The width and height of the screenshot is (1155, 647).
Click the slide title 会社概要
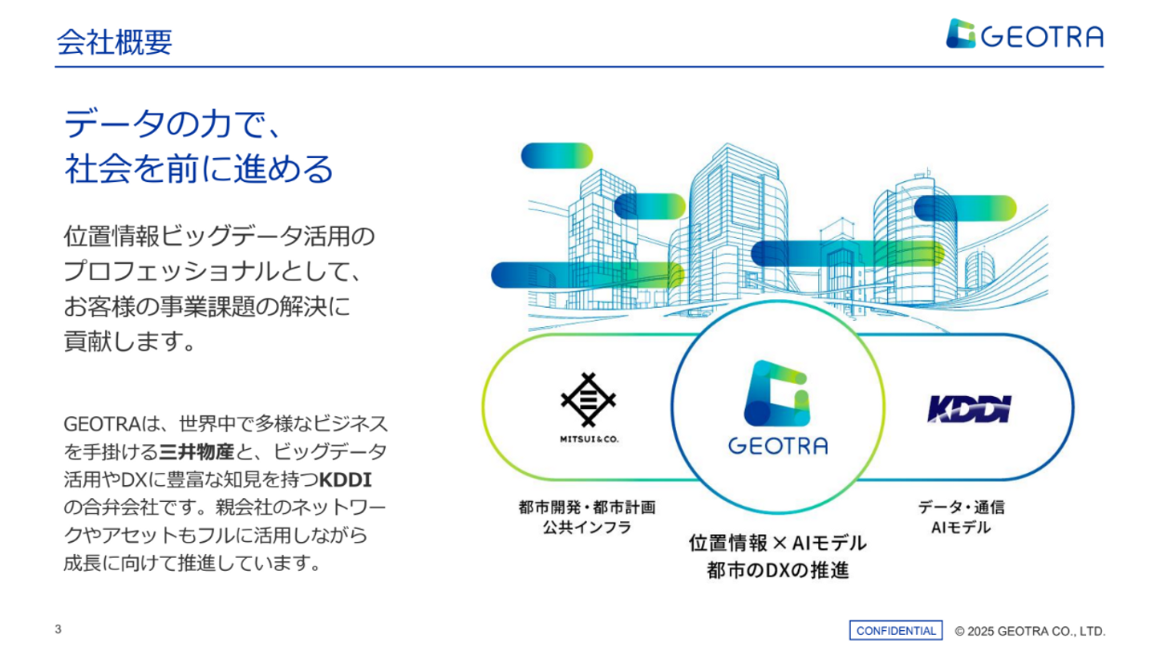[x=114, y=42]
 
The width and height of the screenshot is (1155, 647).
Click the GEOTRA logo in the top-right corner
[x=1024, y=34]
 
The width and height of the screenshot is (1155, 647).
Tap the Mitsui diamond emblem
[x=589, y=400]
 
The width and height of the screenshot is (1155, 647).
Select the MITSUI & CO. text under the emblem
[x=589, y=439]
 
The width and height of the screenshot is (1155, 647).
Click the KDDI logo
[x=970, y=410]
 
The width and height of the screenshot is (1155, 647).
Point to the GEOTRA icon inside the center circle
[x=777, y=394]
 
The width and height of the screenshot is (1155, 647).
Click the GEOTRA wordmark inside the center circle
[x=778, y=446]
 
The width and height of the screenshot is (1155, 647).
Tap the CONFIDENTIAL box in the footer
[x=896, y=630]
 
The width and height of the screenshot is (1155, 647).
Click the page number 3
[x=59, y=629]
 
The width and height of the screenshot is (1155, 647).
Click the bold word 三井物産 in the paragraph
[x=197, y=452]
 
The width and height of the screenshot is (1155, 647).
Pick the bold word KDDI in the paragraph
[x=346, y=480]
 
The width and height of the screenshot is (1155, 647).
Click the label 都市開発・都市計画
[x=587, y=507]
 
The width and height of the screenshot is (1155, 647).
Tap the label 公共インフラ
[x=587, y=528]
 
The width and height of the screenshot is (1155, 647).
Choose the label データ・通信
[x=961, y=507]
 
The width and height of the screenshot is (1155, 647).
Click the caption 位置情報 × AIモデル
[x=778, y=543]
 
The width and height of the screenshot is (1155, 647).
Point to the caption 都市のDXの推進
[x=778, y=570]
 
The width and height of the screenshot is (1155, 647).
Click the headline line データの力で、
[x=172, y=123]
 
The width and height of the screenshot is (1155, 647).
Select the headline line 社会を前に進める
[x=199, y=168]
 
